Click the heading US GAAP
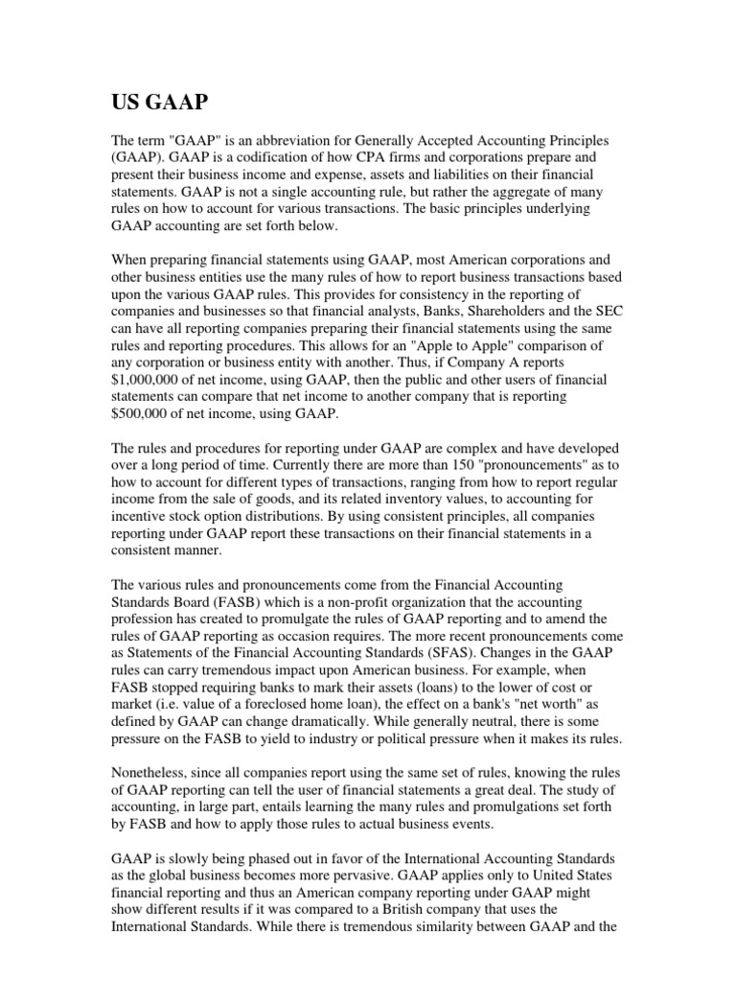[163, 103]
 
